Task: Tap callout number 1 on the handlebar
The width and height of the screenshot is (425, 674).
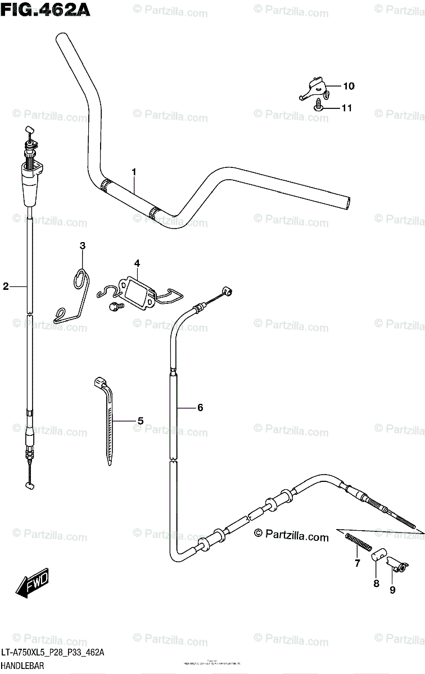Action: tap(134, 171)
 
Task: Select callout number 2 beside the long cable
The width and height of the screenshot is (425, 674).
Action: tap(6, 286)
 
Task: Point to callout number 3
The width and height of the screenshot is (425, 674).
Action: tap(82, 245)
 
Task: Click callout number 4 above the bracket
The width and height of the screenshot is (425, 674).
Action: tap(136, 262)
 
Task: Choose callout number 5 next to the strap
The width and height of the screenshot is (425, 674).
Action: tap(141, 420)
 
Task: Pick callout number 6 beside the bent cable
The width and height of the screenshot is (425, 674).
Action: tap(200, 408)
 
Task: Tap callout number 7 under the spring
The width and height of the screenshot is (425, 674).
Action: tap(356, 563)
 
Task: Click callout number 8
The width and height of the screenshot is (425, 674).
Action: tap(376, 584)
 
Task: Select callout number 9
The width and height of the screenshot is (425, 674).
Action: tap(392, 590)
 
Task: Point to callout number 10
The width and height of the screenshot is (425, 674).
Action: tap(349, 86)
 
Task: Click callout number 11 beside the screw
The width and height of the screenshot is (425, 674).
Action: tap(346, 107)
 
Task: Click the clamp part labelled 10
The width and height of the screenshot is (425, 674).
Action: tap(313, 88)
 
